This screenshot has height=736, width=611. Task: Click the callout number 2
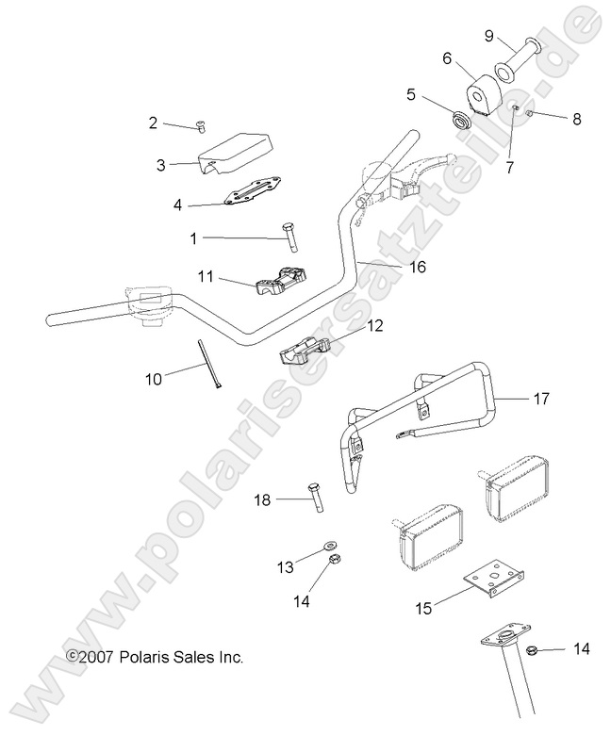pos(153,122)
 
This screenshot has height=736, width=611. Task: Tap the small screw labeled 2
pos(200,127)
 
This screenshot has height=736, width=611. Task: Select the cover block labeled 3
pos(234,151)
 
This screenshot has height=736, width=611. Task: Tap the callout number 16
pos(418,267)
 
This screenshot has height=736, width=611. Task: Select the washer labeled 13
pos(330,545)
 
